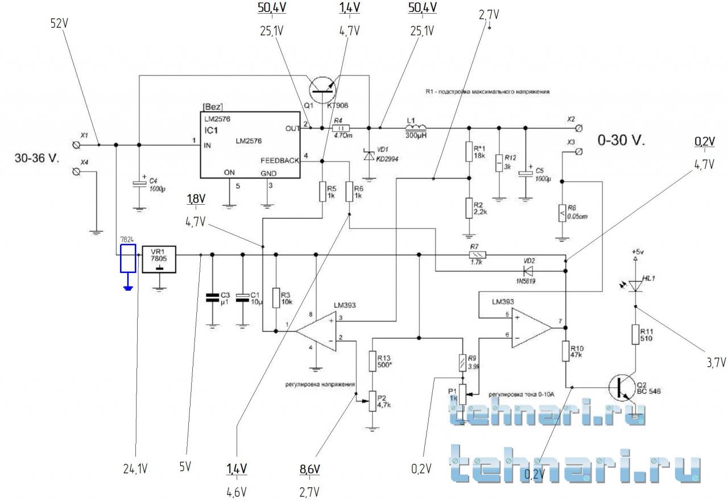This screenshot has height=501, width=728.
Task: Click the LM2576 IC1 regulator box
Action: [x=250, y=144]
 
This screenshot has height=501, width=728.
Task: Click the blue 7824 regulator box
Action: [x=128, y=259]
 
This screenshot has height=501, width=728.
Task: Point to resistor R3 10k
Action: [x=276, y=297]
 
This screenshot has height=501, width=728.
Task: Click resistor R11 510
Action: [x=635, y=334]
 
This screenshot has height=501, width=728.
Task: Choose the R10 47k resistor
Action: [x=566, y=351]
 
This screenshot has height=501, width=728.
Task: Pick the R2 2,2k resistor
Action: [x=469, y=209]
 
